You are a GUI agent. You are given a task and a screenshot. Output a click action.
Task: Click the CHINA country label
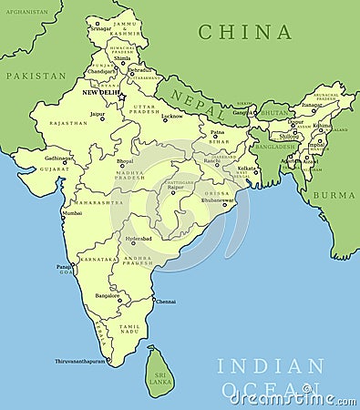(x=245, y=32)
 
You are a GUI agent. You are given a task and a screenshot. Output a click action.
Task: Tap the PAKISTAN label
(x=36, y=76)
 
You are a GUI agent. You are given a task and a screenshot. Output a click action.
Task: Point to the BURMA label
(x=334, y=195)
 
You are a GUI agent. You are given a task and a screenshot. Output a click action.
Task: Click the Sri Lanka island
(x=159, y=371)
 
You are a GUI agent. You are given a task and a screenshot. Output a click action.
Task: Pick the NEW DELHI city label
(x=101, y=93)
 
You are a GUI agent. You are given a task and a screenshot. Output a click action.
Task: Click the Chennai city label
(x=166, y=302)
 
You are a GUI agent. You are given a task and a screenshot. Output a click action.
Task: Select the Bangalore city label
(x=108, y=295)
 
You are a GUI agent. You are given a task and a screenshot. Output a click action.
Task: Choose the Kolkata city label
(x=247, y=168)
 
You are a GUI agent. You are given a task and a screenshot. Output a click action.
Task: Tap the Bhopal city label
(x=125, y=161)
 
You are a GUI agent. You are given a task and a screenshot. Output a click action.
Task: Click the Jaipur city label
(x=97, y=114)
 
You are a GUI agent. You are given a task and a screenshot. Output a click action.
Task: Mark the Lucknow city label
(x=171, y=116)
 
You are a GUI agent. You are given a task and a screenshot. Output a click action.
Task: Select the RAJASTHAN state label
(x=68, y=123)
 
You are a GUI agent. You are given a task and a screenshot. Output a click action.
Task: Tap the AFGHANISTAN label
(x=26, y=13)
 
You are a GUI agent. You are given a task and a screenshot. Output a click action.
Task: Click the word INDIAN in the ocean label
(x=271, y=365)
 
